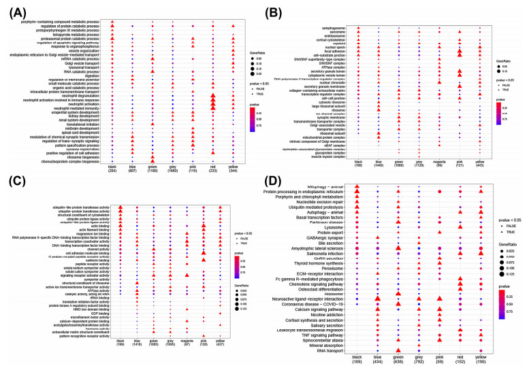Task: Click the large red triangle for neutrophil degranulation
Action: coord(213,94)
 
